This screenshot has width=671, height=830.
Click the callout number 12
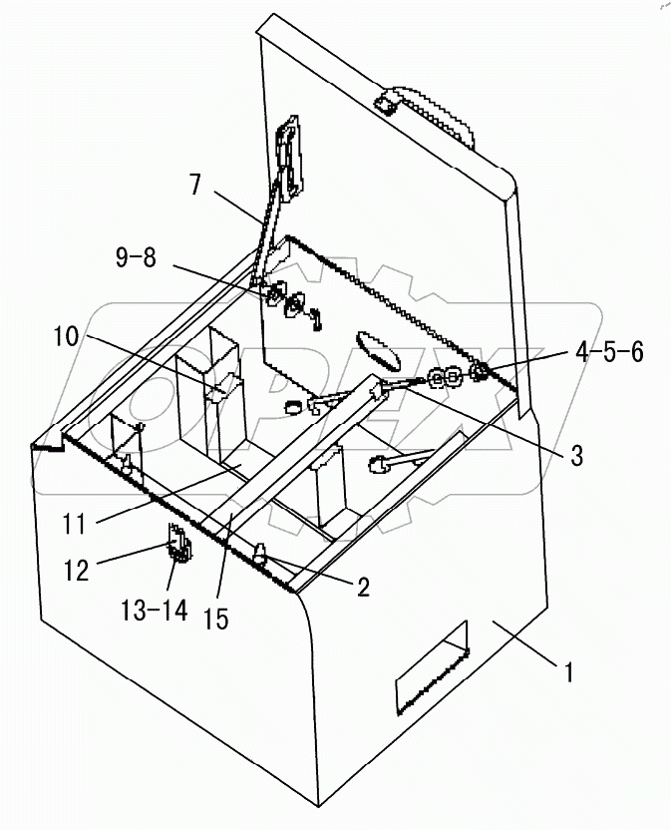pos(77,571)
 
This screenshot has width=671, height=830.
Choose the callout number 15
pos(214,619)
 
